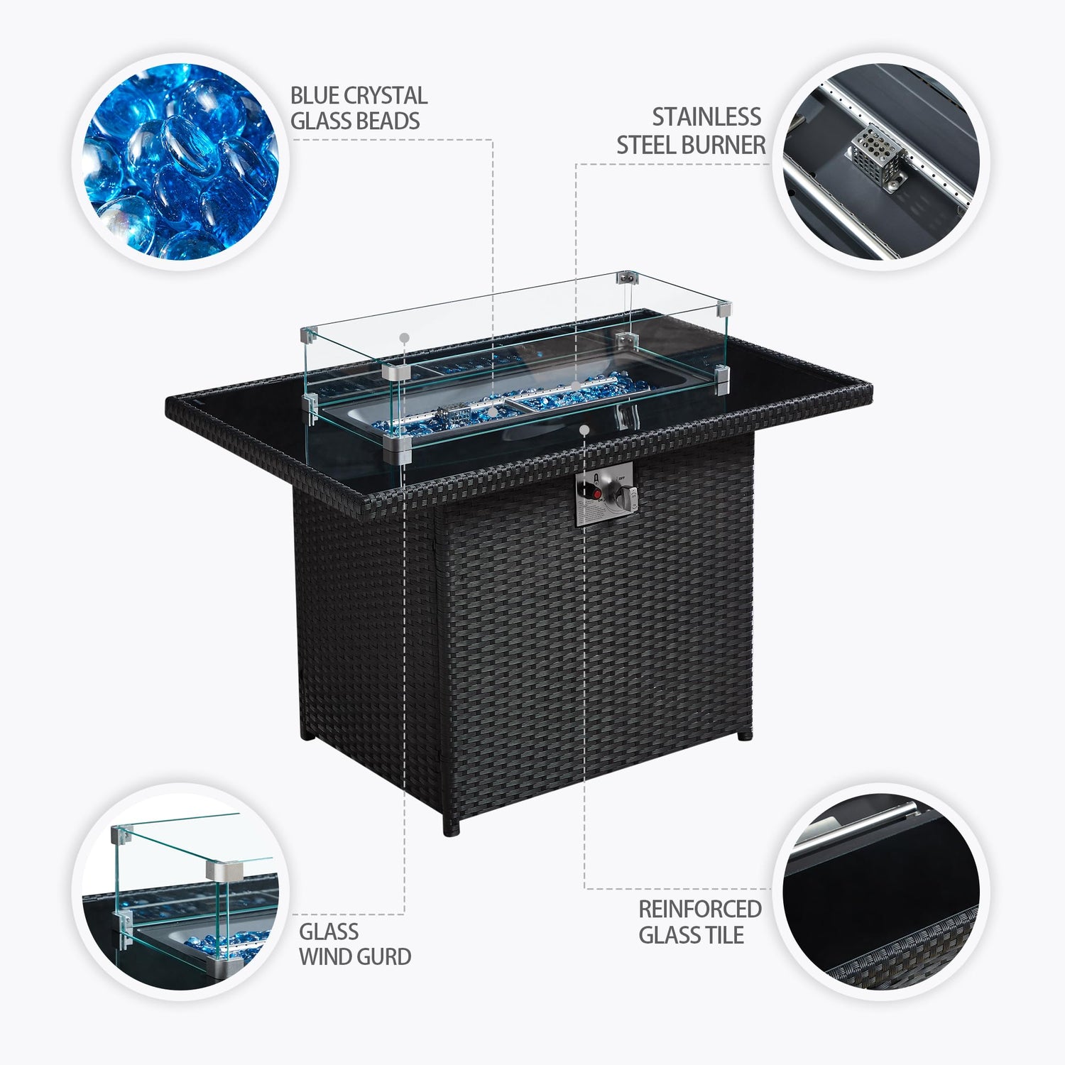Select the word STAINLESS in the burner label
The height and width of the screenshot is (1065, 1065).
[x=706, y=116]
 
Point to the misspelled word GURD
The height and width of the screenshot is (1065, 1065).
[x=386, y=956]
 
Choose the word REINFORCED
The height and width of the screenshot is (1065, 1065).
[x=700, y=909]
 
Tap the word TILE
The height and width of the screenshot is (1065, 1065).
[x=723, y=935]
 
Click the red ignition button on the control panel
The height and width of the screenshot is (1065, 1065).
[x=597, y=493]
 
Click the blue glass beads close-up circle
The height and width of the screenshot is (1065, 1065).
[x=180, y=162]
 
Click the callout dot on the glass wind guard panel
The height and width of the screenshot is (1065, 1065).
[x=404, y=337]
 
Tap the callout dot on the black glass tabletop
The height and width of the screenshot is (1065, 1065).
[x=584, y=430]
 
